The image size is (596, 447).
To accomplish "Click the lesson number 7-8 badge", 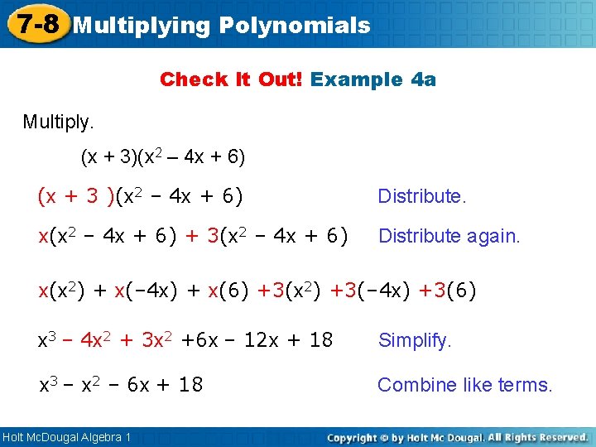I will [x=36, y=24].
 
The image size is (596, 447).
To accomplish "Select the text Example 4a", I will [x=373, y=79].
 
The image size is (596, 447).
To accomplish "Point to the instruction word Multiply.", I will [x=59, y=123].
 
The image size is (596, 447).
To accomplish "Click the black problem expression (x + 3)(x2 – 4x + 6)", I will [x=162, y=156].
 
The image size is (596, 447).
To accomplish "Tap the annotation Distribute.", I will [x=422, y=196].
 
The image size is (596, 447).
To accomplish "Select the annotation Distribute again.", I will [x=449, y=236].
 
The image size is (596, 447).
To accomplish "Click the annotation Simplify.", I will [x=415, y=340].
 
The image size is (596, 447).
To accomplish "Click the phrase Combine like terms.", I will [x=464, y=385].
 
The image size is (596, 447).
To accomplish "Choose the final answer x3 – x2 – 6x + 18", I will [x=122, y=385].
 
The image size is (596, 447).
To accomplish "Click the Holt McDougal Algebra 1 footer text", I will [x=66, y=436].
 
